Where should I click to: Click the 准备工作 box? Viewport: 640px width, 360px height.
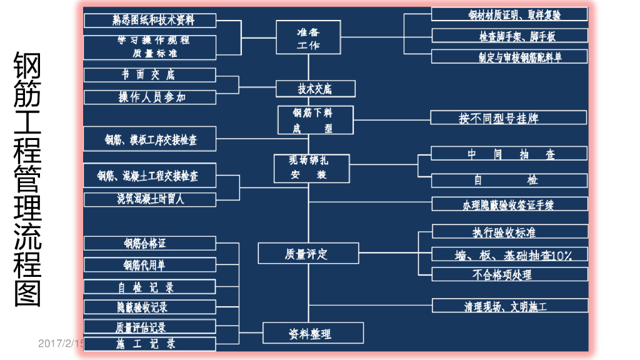click(307, 37)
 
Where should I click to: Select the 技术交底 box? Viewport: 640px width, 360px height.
click(315, 89)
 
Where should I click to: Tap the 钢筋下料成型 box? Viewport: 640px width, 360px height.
click(315, 120)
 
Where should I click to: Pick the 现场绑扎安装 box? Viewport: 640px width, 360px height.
click(309, 168)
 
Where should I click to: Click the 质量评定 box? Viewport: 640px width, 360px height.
click(308, 254)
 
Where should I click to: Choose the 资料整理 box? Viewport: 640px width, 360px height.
click(312, 333)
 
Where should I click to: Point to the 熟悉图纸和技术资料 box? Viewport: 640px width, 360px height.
click(150, 20)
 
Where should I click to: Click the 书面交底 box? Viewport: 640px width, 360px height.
click(150, 75)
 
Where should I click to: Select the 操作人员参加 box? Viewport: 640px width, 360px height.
click(150, 97)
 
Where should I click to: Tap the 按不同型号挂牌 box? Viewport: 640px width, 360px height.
click(508, 117)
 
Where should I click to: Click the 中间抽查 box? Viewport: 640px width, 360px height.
click(509, 154)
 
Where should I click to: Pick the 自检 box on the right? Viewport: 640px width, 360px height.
click(509, 180)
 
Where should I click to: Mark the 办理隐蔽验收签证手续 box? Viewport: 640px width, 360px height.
click(509, 204)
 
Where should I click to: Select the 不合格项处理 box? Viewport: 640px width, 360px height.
click(509, 274)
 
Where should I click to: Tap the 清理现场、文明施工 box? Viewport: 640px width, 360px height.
click(509, 306)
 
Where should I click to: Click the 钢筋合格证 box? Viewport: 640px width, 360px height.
click(150, 243)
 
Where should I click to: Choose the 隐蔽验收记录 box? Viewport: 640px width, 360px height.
click(150, 307)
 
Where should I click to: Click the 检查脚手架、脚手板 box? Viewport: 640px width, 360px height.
click(509, 36)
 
